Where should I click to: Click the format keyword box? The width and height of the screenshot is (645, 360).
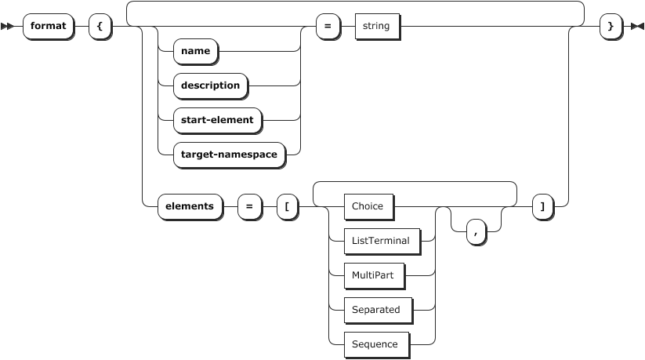(x=48, y=26)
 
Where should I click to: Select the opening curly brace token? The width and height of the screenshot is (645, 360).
(x=100, y=26)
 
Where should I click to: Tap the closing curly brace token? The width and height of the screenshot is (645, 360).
(x=610, y=26)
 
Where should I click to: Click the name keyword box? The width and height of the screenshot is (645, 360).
(x=194, y=51)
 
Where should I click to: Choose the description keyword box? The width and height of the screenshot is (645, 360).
(x=210, y=85)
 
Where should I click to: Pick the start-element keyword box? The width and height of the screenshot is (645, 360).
(x=216, y=120)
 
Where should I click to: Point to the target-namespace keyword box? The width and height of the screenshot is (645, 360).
(x=229, y=155)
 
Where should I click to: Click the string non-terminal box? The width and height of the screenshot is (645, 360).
(x=377, y=26)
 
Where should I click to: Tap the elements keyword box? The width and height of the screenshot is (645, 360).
(x=189, y=206)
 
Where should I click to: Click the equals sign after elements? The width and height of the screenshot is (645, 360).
(x=249, y=206)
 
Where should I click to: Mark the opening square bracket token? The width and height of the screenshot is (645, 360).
(x=287, y=206)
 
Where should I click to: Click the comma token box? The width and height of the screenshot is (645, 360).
(x=475, y=231)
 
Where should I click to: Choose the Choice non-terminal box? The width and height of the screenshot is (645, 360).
(x=368, y=206)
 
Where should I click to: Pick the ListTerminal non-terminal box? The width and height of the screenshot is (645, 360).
(x=380, y=241)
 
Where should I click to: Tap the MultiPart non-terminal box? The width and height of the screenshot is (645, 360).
(x=373, y=275)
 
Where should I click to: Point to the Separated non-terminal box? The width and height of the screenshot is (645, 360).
(x=375, y=310)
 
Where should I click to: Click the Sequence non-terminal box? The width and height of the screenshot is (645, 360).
(x=375, y=344)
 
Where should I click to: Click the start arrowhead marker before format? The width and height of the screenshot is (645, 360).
(x=8, y=27)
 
